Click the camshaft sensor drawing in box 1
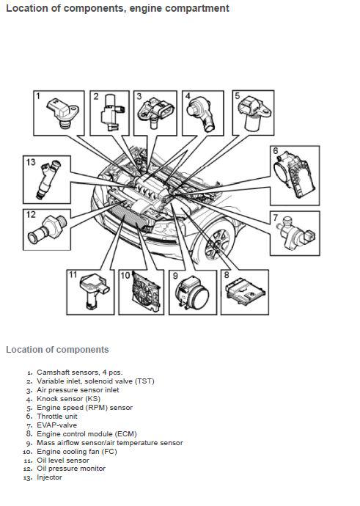coord(63,112)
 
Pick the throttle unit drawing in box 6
coord(294,175)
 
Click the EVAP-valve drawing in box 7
coord(295,234)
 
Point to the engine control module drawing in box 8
coord(245,293)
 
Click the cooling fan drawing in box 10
coord(146,292)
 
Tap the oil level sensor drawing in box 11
coord(94,290)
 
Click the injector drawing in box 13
coord(48,180)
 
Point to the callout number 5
coord(238,96)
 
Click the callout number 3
coord(139,96)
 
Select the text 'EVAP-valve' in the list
coord(56,425)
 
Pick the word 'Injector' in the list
coord(49,477)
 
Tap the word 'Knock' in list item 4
coord(48,398)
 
